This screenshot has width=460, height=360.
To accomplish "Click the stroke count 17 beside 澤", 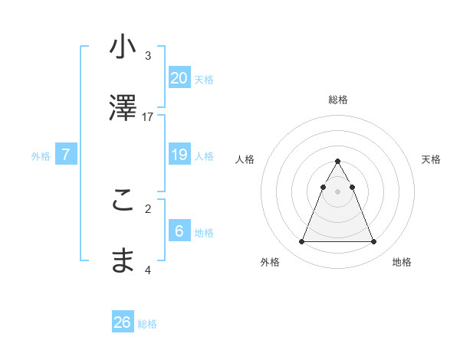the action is [x=148, y=116].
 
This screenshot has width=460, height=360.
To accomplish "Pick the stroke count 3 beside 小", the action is [x=148, y=55].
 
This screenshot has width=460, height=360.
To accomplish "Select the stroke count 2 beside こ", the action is [x=148, y=208].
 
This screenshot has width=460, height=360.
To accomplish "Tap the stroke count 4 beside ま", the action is [x=148, y=270].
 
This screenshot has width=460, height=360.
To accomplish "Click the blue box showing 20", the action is [x=179, y=77].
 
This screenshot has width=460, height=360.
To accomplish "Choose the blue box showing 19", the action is [x=179, y=155].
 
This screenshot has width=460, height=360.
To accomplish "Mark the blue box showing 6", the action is [x=179, y=231].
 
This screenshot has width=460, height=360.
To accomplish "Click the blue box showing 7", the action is [x=66, y=155].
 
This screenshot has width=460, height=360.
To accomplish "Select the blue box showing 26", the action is [x=123, y=322].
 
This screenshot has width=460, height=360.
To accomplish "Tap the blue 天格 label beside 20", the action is [x=204, y=79].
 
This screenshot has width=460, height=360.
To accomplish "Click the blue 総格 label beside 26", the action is [x=147, y=324].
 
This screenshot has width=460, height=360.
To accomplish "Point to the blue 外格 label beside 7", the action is [x=41, y=156].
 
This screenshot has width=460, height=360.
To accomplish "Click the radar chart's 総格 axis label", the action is [x=337, y=100].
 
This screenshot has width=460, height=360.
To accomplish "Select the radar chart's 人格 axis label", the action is [x=245, y=159].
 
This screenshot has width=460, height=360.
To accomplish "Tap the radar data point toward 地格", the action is [x=373, y=242].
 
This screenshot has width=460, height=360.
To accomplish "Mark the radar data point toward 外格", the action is [x=301, y=242].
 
